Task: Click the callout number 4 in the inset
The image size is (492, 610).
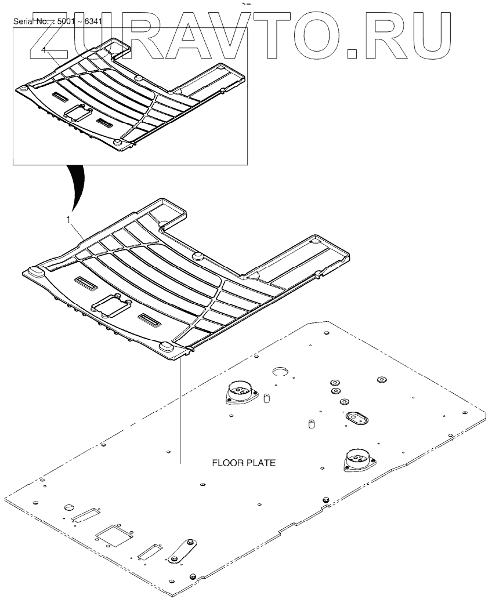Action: point(44,50)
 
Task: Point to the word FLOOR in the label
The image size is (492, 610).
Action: point(227,464)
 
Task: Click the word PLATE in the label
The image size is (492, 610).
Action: point(260,464)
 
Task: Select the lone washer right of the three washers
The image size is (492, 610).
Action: point(381,380)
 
